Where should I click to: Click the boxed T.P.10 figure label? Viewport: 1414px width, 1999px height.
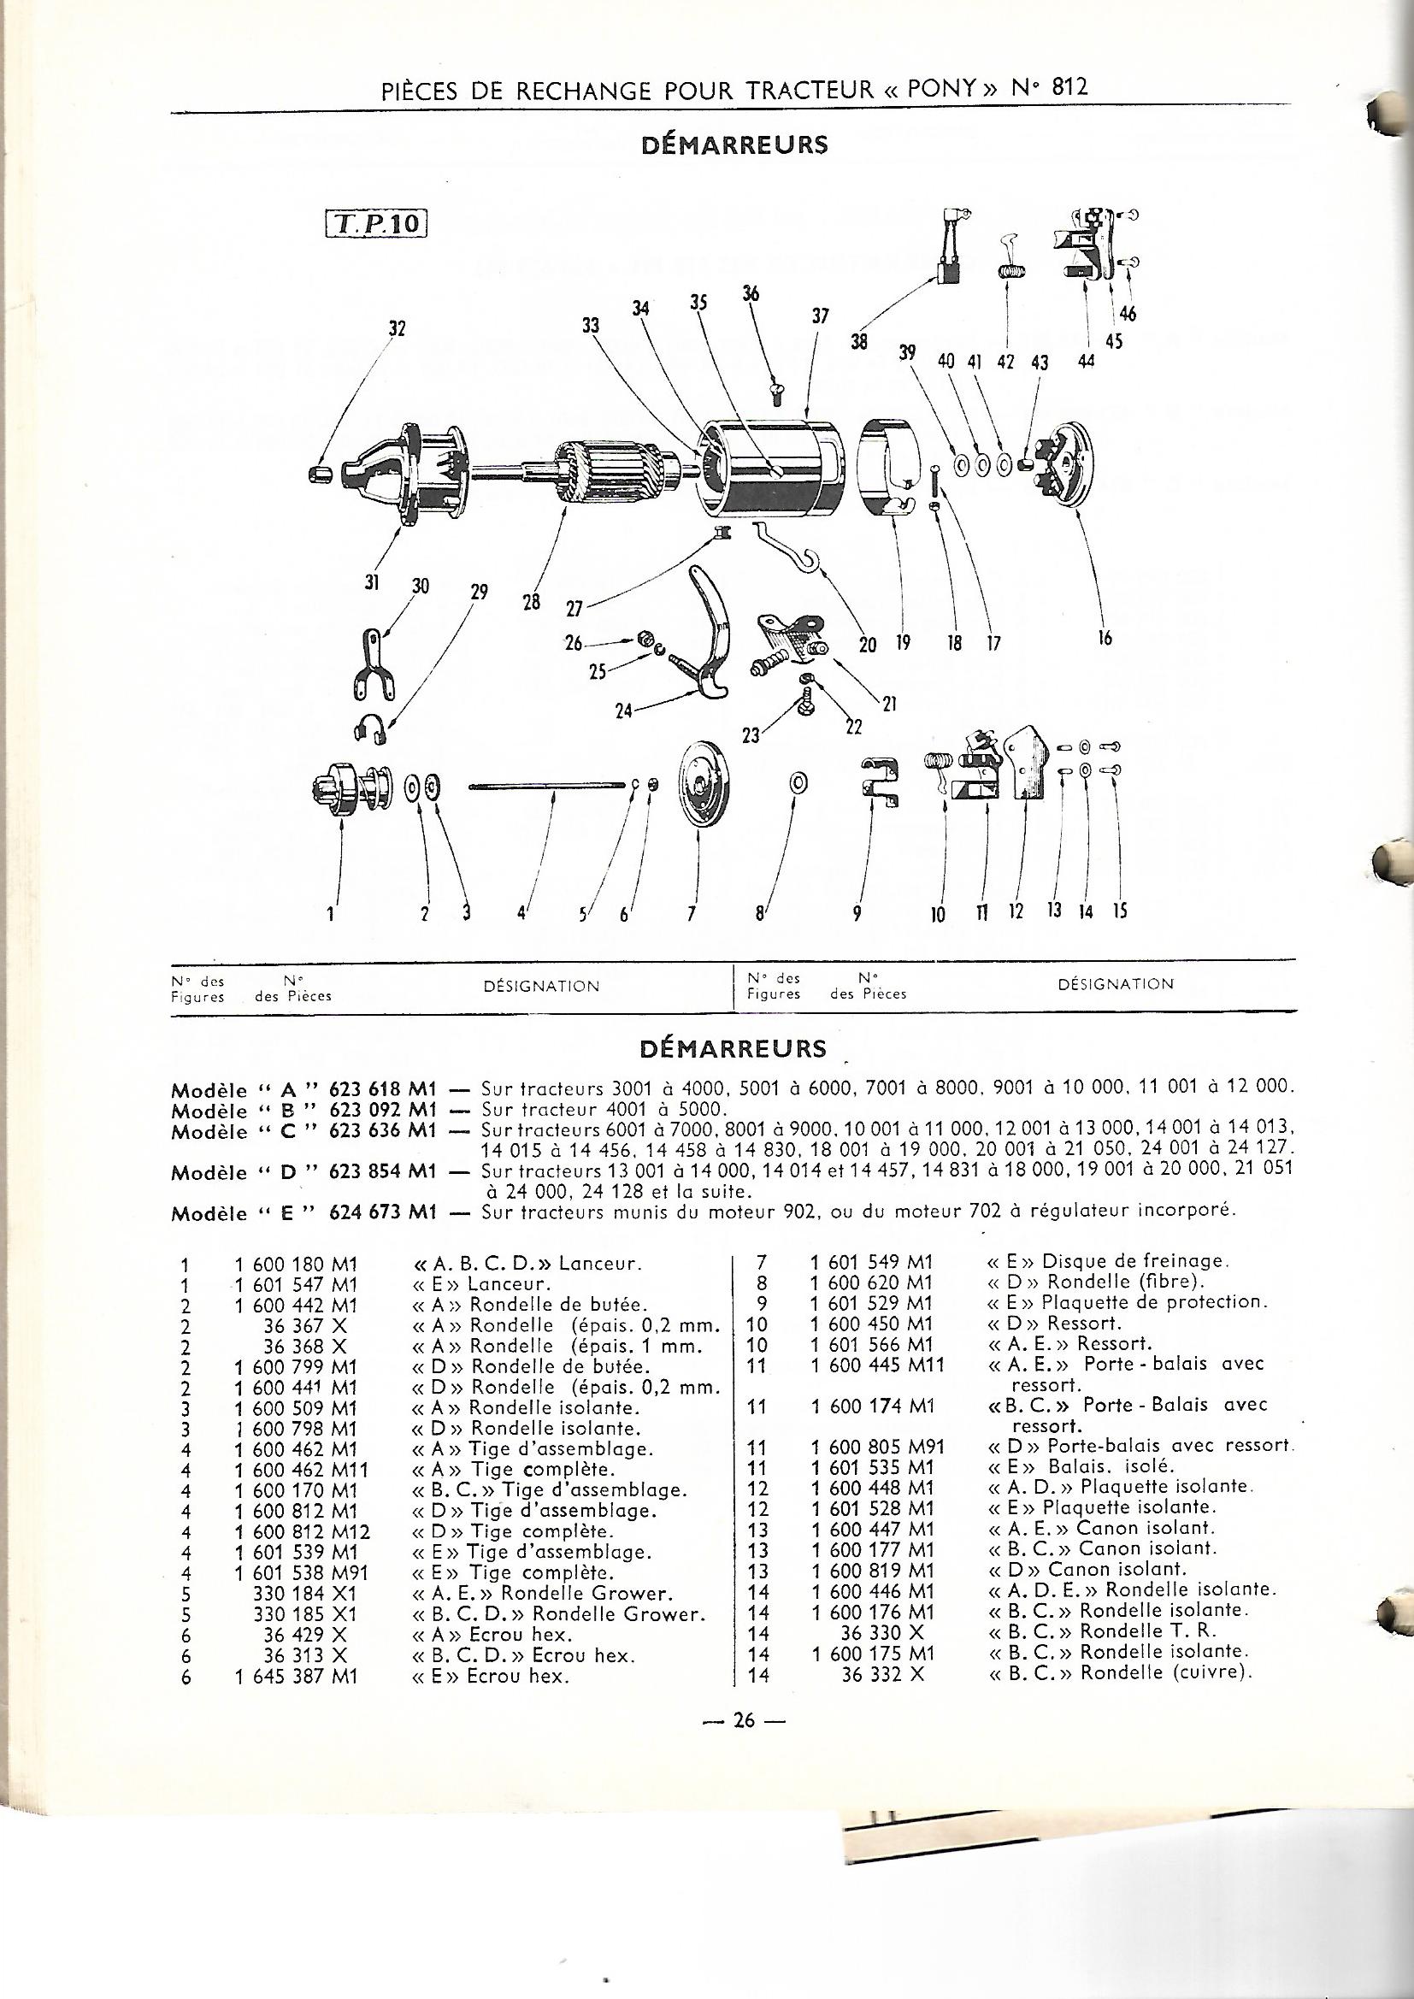pos(376,224)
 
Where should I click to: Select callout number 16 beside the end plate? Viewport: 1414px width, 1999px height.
pos(1104,638)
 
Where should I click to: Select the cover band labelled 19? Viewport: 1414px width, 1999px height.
pos(888,475)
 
